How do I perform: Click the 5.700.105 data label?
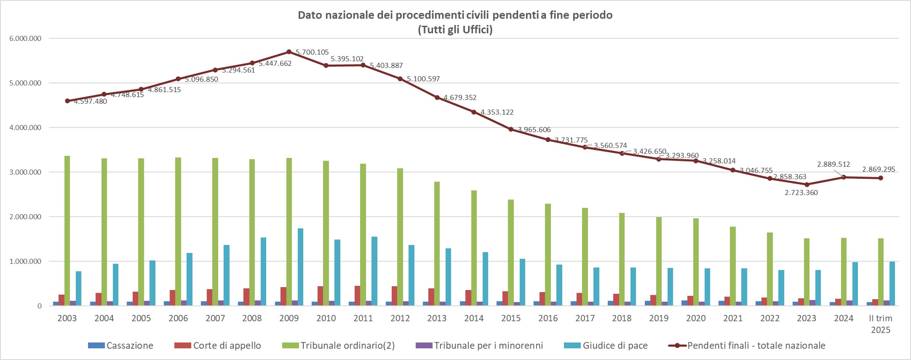click(312, 52)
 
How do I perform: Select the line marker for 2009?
click(289, 52)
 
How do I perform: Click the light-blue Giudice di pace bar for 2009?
click(300, 267)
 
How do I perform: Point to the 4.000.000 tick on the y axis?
click(25, 128)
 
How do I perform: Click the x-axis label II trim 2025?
click(881, 324)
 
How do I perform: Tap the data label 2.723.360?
click(801, 193)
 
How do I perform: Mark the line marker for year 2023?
click(807, 184)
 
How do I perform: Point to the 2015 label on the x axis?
click(511, 318)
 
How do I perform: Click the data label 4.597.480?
click(90, 101)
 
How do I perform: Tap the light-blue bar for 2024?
click(855, 284)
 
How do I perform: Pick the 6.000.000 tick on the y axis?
click(25, 38)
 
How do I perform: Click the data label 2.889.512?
click(833, 164)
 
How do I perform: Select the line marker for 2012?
click(400, 79)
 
